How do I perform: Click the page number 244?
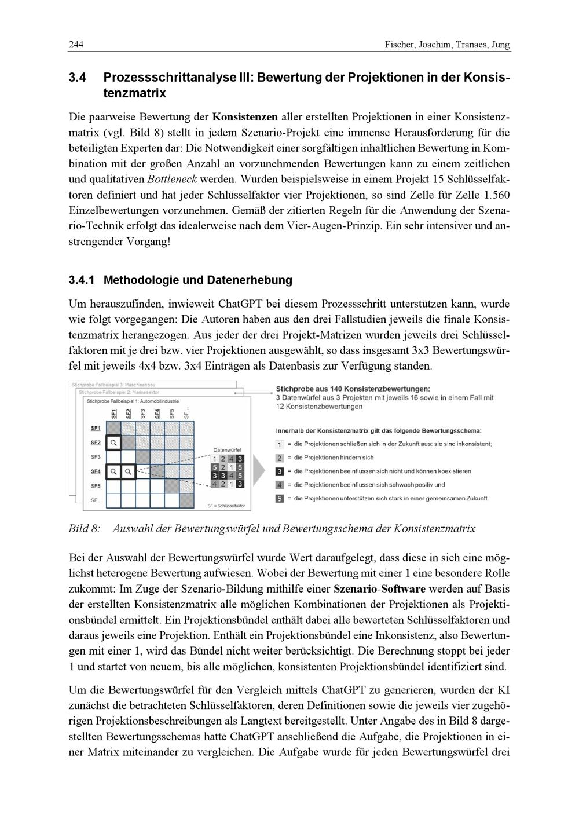(x=76, y=45)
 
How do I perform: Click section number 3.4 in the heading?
(x=78, y=77)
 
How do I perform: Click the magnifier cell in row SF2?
(x=114, y=443)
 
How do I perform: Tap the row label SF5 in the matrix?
(x=95, y=485)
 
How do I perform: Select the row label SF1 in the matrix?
(x=95, y=428)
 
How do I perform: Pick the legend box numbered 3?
(x=280, y=471)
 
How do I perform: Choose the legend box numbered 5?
(x=280, y=498)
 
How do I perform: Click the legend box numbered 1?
(x=280, y=444)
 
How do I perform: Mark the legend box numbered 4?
(x=280, y=485)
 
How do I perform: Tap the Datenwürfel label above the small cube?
(x=227, y=449)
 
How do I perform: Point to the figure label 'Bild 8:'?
(x=85, y=528)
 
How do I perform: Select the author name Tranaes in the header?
(x=466, y=45)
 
